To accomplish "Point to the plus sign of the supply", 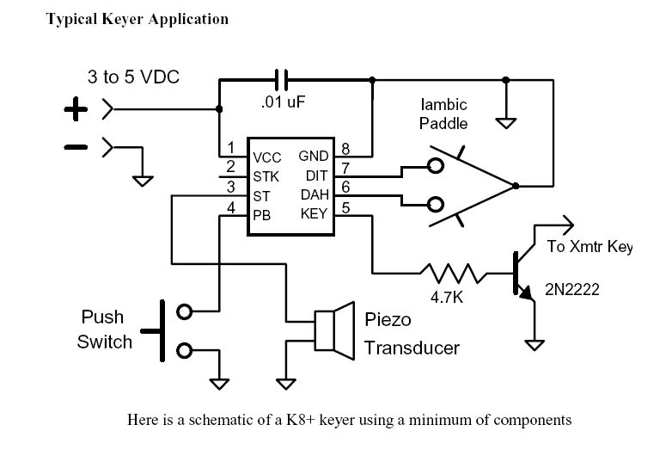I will (76, 110).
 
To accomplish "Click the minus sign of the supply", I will (76, 147).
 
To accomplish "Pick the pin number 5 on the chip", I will (345, 206).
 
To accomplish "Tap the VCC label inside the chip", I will (268, 158).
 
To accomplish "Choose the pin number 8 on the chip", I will (345, 148).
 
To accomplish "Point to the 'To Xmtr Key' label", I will (590, 248).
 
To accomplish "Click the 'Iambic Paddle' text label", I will (443, 114).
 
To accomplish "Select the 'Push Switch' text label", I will (106, 329).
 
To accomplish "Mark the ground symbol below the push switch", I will (219, 382).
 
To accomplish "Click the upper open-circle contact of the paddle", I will (437, 166).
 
